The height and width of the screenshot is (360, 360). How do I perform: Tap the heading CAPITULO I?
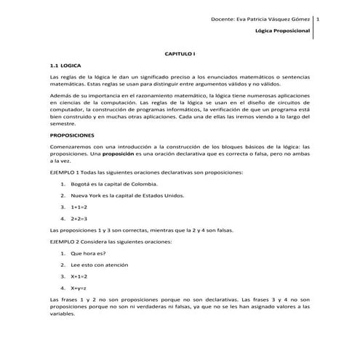click(x=180, y=55)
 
